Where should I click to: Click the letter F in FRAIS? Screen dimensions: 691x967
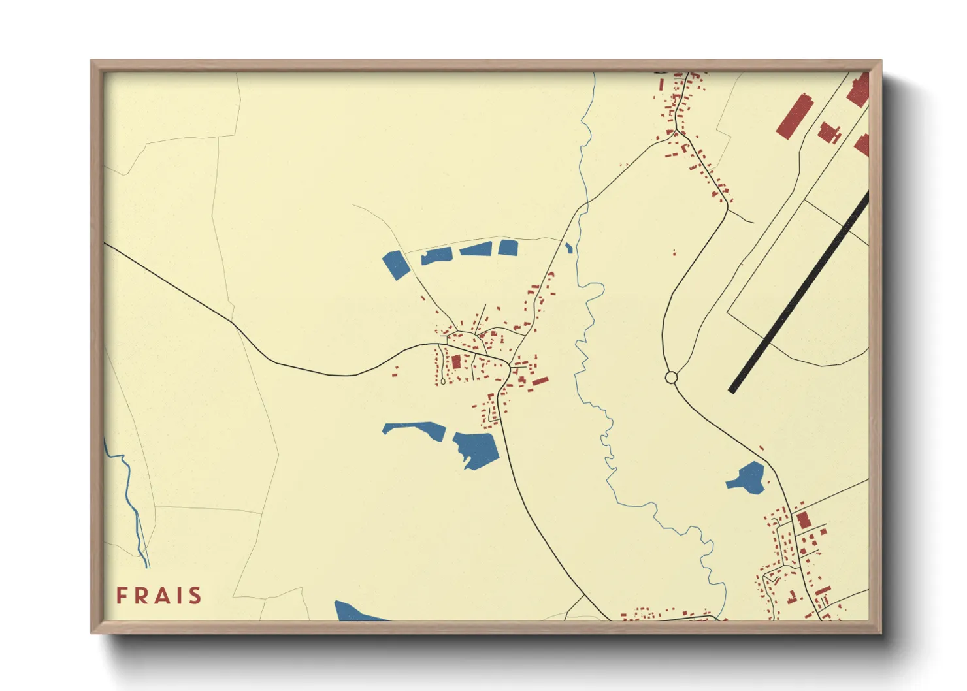tap(122, 596)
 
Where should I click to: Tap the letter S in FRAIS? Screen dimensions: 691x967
tap(194, 596)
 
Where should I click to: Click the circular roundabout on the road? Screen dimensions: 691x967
tap(670, 377)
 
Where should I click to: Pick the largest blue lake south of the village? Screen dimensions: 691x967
tap(476, 448)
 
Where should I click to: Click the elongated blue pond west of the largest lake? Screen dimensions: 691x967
tap(414, 429)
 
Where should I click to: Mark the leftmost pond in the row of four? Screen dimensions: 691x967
tap(396, 265)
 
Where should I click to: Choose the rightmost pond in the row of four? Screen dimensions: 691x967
tap(508, 248)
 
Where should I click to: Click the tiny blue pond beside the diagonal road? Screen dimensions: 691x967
tap(568, 248)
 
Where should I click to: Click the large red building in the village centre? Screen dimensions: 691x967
tap(456, 361)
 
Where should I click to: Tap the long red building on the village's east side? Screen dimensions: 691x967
tap(540, 380)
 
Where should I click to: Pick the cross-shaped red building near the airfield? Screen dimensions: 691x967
tap(828, 132)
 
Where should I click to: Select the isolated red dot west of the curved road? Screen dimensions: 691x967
tap(674, 253)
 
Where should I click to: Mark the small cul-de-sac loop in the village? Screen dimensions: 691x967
tap(443, 381)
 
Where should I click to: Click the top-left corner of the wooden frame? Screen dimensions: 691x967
tap(93, 63)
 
